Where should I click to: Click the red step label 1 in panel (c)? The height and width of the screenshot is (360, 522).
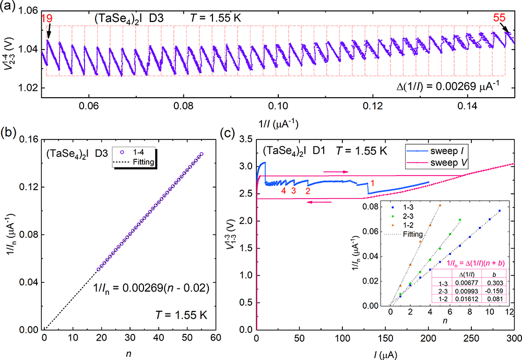tap(372, 183)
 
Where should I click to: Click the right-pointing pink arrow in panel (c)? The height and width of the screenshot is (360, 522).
tap(334, 170)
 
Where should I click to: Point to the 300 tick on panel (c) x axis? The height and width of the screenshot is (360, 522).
tap(514, 339)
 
